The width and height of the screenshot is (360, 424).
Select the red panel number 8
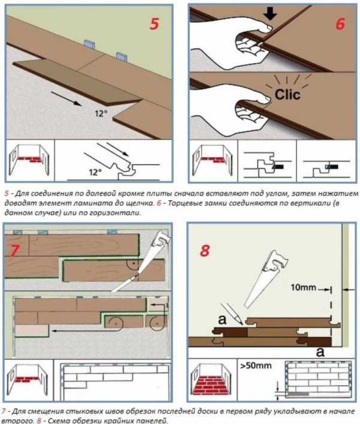(205, 251)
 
